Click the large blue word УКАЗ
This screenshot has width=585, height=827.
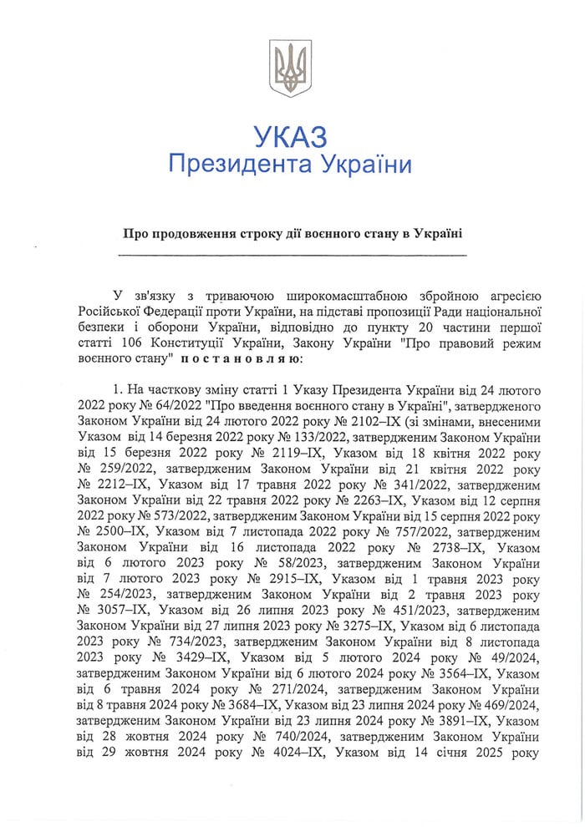290,136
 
